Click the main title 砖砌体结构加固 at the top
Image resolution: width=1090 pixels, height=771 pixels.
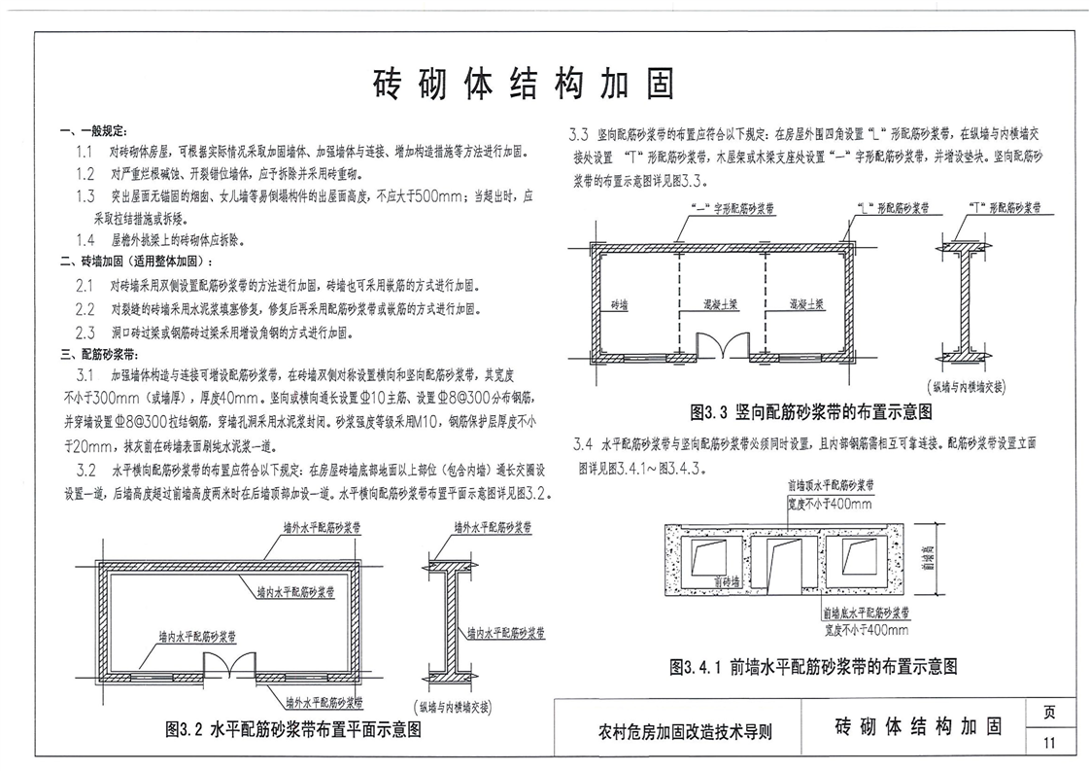click(x=524, y=86)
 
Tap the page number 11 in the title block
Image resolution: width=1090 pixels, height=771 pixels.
click(x=1048, y=744)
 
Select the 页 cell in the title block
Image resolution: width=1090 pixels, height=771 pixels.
click(x=1048, y=712)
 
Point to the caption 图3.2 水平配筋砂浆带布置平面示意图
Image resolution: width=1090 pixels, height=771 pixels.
click(x=294, y=730)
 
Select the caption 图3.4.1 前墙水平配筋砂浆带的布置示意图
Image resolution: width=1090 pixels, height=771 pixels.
click(x=814, y=667)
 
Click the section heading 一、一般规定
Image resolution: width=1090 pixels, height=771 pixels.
click(x=92, y=131)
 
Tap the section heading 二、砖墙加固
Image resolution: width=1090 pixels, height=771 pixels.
click(x=136, y=261)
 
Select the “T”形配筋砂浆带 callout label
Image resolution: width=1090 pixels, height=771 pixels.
click(x=1006, y=208)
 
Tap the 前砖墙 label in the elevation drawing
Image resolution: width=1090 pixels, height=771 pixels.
click(x=726, y=580)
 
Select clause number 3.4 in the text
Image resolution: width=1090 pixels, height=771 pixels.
click(x=584, y=444)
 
